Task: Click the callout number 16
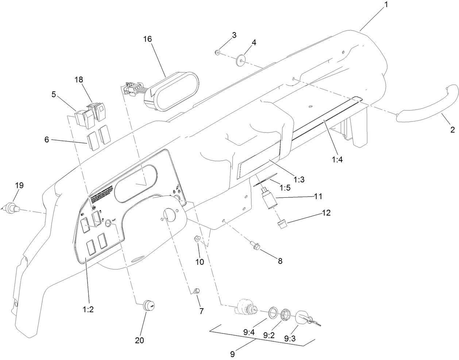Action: pyautogui.click(x=148, y=39)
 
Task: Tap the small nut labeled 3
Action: pyautogui.click(x=217, y=53)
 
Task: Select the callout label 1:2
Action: pyautogui.click(x=88, y=310)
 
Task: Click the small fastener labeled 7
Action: pyautogui.click(x=197, y=291)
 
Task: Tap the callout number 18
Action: pyautogui.click(x=79, y=79)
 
